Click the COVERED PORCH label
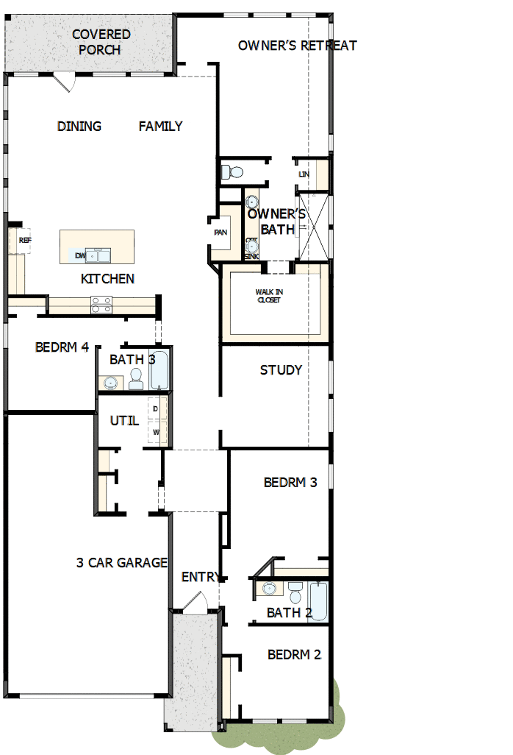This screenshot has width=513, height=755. pyautogui.click(x=101, y=42)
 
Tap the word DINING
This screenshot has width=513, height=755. pyautogui.click(x=79, y=127)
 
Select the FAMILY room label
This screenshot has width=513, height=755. pyautogui.click(x=160, y=127)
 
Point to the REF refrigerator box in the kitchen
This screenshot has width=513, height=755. pyautogui.click(x=24, y=241)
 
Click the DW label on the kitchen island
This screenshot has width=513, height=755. pyautogui.click(x=80, y=255)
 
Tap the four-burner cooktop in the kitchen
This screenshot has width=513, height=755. pyautogui.click(x=101, y=304)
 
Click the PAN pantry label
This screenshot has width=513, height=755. pyautogui.click(x=220, y=233)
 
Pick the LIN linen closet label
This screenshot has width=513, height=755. pyautogui.click(x=304, y=174)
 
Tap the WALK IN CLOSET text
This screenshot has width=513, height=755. pyautogui.click(x=269, y=296)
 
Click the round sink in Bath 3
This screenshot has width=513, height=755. pyautogui.click(x=111, y=382)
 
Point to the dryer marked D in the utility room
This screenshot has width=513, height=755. pyautogui.click(x=156, y=408)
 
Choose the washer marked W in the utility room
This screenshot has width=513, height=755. pyautogui.click(x=156, y=432)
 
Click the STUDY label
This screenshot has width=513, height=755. pyautogui.click(x=281, y=370)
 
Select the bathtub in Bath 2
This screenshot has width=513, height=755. pyautogui.click(x=318, y=601)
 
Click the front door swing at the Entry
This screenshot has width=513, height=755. pyautogui.click(x=195, y=602)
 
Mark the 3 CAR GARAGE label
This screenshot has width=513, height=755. pyautogui.click(x=122, y=563)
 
